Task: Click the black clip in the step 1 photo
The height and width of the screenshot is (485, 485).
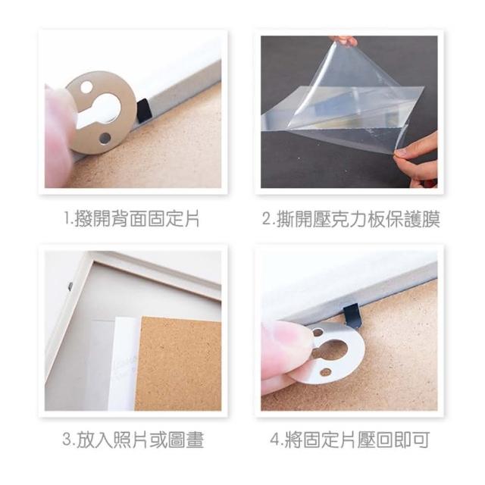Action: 143,111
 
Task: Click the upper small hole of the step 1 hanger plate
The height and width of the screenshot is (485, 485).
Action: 86,87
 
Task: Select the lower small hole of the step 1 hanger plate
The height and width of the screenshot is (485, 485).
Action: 105,139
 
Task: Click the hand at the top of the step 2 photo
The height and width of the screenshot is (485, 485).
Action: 343,40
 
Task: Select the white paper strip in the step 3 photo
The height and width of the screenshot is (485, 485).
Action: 124,364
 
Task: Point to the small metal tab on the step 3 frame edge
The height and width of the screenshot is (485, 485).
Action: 70,286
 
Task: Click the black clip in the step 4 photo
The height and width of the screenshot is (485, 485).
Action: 352,315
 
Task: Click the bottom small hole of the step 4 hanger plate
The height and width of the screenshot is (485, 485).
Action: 325,371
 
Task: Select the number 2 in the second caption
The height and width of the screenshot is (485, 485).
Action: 267,218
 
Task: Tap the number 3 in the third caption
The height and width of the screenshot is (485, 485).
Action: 67,440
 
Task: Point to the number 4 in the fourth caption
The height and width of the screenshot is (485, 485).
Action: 275,440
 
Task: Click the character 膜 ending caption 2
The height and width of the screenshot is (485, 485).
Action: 431,218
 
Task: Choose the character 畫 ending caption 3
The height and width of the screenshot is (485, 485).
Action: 195,440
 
